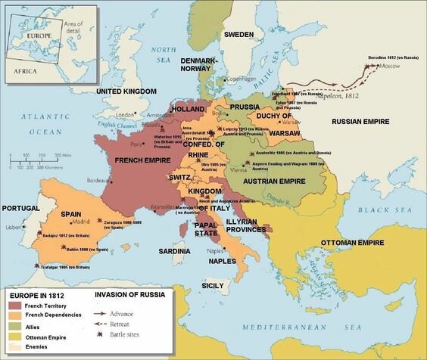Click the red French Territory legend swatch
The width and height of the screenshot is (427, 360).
14,304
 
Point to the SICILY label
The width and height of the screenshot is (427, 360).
212,286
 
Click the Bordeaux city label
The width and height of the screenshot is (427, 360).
99,180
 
